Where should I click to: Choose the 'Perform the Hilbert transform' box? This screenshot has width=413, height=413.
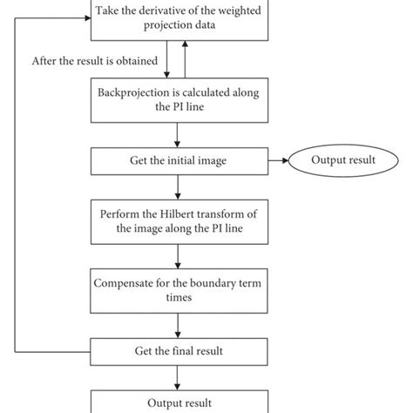pos(178,221)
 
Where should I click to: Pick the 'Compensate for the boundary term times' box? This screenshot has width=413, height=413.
pos(178,290)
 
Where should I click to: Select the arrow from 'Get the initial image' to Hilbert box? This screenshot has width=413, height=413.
pos(178,186)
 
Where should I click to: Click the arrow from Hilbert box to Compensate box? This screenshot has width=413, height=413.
pos(178,254)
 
